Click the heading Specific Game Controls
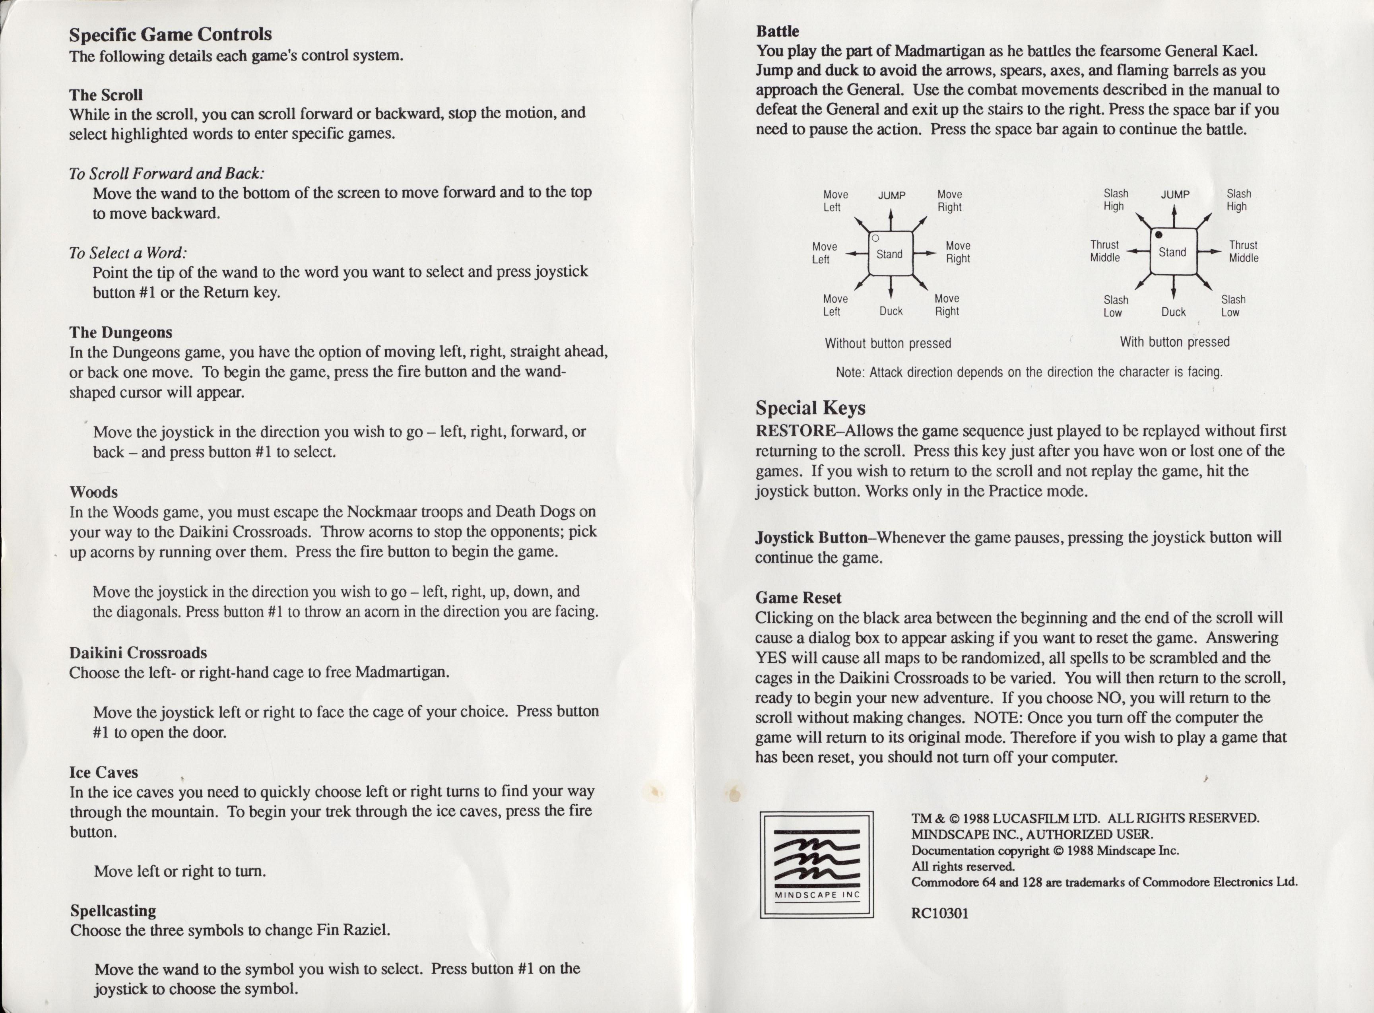coord(171,34)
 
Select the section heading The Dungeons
coord(121,332)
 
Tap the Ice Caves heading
coord(104,772)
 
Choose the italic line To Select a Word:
coord(128,252)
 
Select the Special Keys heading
coord(810,408)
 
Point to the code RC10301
coord(940,914)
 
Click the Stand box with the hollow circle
coord(890,253)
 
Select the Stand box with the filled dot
coord(1173,251)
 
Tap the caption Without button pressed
coord(888,343)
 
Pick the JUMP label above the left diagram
coord(891,195)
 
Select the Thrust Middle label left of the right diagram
coord(1105,251)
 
